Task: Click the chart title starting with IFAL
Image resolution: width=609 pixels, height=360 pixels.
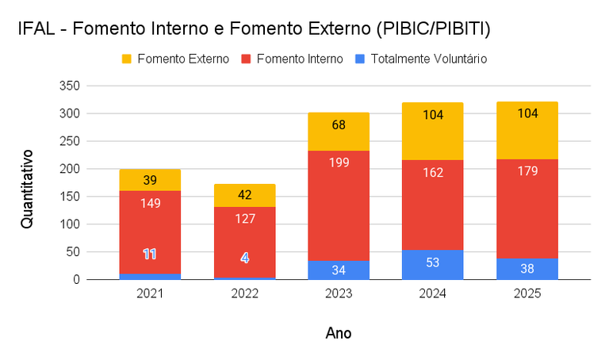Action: [254, 30]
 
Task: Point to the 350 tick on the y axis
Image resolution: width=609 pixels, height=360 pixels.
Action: [70, 86]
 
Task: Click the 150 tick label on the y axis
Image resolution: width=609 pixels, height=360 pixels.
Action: [70, 197]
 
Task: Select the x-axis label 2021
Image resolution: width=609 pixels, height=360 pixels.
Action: [150, 294]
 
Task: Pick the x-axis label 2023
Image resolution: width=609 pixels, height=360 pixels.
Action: [339, 294]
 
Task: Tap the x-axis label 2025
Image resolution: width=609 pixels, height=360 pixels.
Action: [527, 294]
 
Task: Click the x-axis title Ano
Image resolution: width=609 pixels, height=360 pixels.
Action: [339, 333]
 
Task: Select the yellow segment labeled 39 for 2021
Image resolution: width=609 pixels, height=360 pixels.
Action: [150, 180]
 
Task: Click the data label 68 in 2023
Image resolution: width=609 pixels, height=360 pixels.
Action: [339, 126]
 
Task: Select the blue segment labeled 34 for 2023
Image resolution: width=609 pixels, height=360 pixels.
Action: [339, 270]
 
